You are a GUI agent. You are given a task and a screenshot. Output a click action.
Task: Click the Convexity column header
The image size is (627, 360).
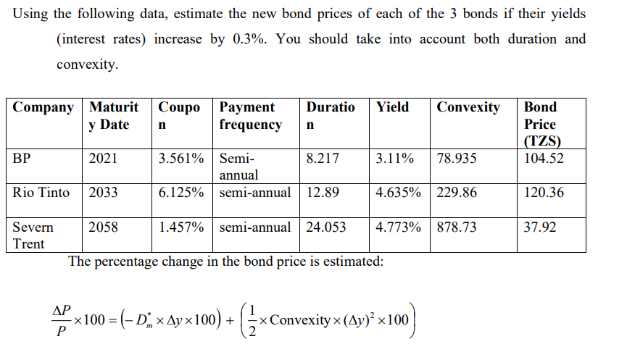click(468, 107)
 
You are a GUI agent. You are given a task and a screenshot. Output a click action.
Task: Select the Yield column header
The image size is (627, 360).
click(392, 107)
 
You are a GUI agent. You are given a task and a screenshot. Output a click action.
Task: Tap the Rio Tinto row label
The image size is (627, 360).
click(41, 193)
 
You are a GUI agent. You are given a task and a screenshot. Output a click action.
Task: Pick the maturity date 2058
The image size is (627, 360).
click(104, 227)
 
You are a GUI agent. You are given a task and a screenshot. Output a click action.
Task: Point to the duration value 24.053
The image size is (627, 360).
click(326, 227)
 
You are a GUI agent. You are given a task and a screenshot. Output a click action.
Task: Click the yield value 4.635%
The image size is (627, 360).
click(399, 193)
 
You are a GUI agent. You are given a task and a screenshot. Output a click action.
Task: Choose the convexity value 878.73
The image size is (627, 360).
click(457, 227)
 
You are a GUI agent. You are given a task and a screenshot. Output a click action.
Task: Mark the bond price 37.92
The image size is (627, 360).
click(540, 227)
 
